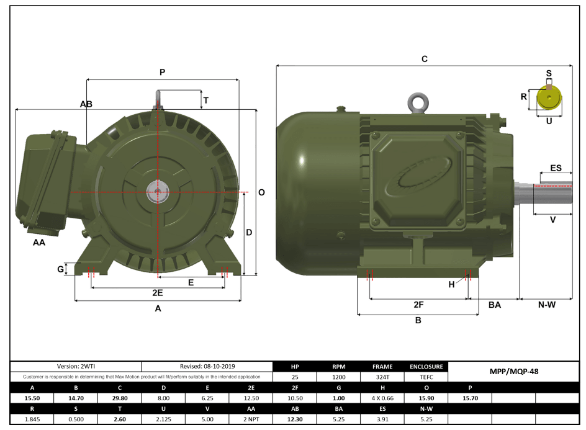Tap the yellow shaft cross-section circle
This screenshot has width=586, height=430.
click(x=549, y=98)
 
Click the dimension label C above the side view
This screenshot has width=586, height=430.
click(x=425, y=59)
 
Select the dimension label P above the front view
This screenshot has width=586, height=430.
click(x=162, y=73)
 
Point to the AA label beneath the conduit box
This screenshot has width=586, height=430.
click(x=39, y=243)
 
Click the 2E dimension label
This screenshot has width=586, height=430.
click(x=158, y=292)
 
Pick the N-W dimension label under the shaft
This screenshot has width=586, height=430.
click(x=546, y=305)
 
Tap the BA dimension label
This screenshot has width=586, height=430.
click(x=495, y=305)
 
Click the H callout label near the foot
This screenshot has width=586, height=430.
click(x=452, y=284)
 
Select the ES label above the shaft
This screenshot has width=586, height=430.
click(x=556, y=168)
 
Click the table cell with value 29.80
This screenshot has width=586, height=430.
click(x=120, y=398)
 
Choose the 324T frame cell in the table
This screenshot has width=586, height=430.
click(x=382, y=377)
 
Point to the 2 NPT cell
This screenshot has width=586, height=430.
click(x=251, y=419)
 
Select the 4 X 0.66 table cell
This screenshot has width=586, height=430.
click(x=382, y=398)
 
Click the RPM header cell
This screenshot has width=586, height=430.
click(x=338, y=366)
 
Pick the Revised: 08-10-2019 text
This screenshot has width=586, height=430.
click(x=207, y=366)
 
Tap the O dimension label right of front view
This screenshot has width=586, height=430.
click(x=261, y=193)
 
